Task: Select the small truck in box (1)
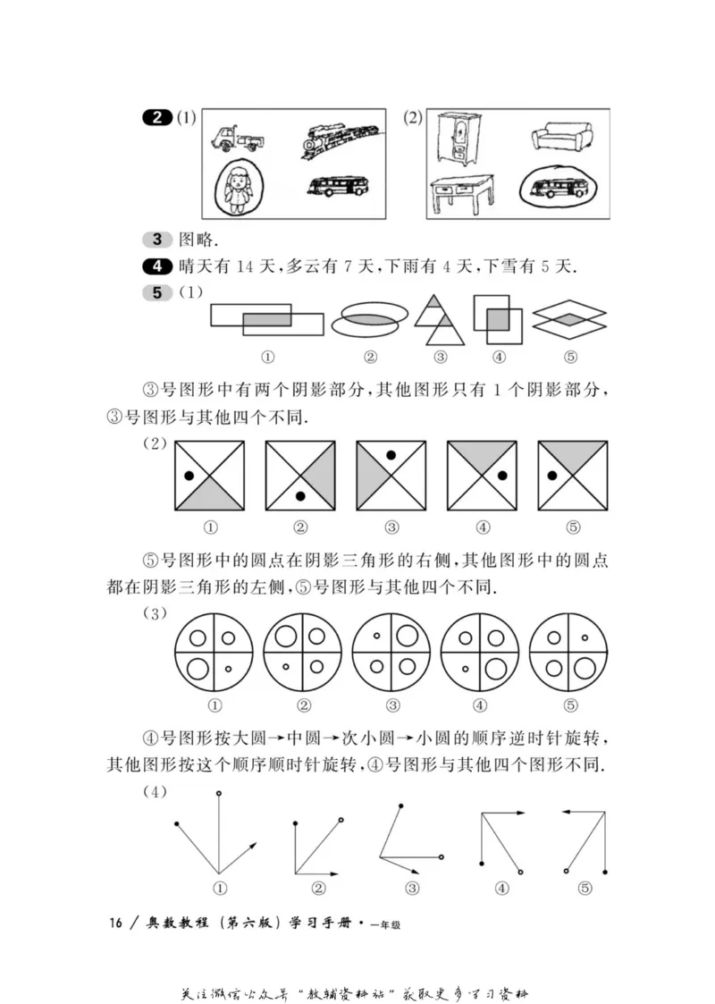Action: [240, 139]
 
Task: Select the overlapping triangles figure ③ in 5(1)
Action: [441, 320]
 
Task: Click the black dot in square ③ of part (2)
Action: [391, 455]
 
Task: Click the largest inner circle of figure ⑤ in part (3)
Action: [584, 667]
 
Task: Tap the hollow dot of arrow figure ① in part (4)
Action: [219, 793]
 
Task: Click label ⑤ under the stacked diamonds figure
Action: [571, 358]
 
